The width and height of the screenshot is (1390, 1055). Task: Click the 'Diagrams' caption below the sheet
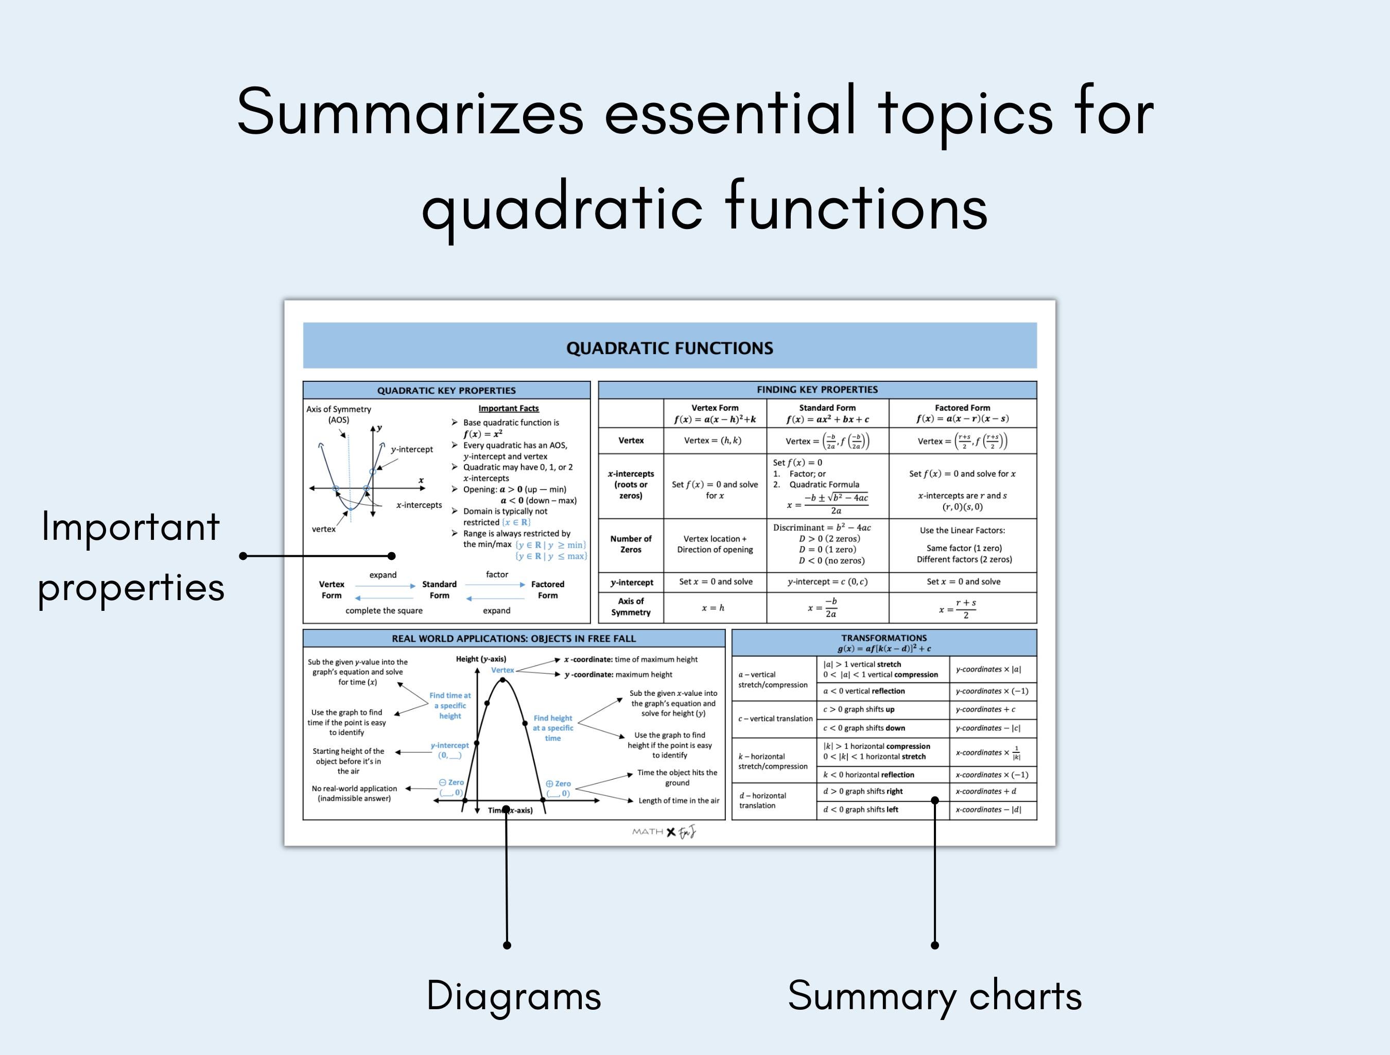513,996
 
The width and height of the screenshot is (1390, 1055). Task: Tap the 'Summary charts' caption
934,996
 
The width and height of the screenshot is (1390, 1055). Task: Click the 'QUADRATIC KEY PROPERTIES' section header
446,390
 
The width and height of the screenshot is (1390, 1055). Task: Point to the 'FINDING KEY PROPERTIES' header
817,390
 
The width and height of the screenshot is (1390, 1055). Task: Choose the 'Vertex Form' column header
715,408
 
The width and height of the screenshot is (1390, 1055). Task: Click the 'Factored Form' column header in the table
962,408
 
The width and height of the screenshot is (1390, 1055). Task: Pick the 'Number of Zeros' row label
631,544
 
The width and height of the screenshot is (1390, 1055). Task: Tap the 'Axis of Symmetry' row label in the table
631,606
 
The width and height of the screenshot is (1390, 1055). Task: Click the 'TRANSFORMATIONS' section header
883,638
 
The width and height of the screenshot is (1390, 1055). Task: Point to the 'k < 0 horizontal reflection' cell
868,775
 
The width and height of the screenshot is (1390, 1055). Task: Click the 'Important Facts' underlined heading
508,409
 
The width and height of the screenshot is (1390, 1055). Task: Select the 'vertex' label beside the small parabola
324,529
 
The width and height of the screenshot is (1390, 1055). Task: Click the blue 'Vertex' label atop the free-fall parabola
502,670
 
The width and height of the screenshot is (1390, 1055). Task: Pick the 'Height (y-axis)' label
481,659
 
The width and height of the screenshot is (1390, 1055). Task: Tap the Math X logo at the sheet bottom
664,832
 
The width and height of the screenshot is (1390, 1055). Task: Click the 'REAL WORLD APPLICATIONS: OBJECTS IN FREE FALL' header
513,639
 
